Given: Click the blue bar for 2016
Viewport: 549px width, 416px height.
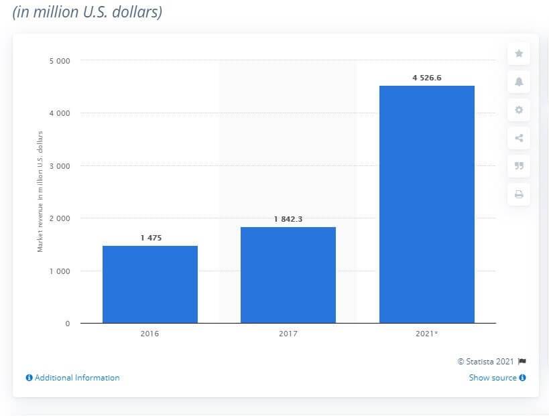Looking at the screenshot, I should click(x=150, y=284).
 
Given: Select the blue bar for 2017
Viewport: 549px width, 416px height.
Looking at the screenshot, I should click(x=288, y=275).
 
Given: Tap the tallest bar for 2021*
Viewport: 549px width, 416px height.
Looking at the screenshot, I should click(x=426, y=204).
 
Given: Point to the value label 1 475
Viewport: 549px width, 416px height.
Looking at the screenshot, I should click(x=150, y=238).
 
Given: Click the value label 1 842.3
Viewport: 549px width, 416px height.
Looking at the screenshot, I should click(x=288, y=219).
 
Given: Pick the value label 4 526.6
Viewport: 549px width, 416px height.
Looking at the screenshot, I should click(x=426, y=78).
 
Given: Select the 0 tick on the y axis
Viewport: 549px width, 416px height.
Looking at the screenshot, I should click(x=67, y=324).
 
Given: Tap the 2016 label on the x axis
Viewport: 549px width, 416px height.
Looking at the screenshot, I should click(x=150, y=332).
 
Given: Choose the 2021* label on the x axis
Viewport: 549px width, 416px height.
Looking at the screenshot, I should click(x=427, y=332).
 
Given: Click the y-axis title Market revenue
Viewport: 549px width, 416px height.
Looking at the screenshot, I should click(x=40, y=191).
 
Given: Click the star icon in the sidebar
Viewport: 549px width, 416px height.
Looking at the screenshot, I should click(x=519, y=54).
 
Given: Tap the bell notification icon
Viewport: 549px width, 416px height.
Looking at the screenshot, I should click(x=519, y=82).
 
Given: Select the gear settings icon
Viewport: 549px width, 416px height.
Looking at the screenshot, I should click(x=519, y=110).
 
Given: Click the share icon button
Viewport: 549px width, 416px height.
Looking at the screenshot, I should click(x=519, y=139).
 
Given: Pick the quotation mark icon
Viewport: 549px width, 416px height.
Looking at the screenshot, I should click(x=519, y=166).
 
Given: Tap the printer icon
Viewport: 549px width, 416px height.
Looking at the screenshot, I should click(x=519, y=195).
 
